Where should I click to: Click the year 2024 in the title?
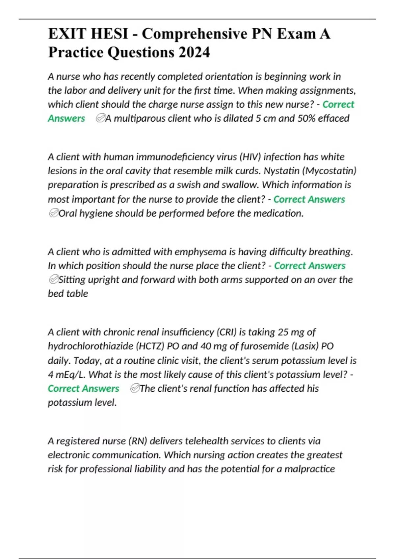tap(194, 52)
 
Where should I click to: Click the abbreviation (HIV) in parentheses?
tap(250, 157)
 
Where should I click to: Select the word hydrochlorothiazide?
tap(90, 346)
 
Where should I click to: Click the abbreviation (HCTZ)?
tap(150, 346)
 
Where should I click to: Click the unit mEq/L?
tap(67, 375)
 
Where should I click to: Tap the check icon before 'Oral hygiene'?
tap(53, 213)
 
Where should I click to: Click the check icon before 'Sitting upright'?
tap(53, 280)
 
